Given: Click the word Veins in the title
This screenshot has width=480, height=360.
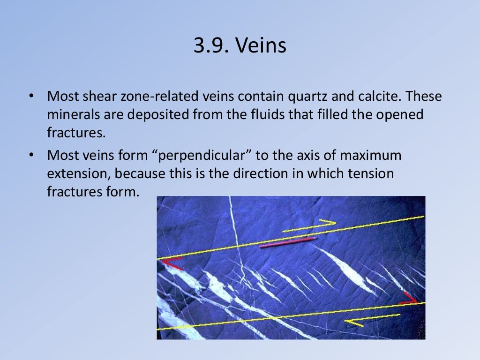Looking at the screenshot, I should (260, 46).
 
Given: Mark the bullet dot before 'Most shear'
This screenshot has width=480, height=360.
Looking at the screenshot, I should (31, 97).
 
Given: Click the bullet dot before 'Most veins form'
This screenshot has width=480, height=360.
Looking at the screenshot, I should (31, 156).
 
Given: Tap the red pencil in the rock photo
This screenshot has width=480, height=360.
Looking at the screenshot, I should (288, 242).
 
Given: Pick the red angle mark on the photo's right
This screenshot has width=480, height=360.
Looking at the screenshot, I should (409, 298).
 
